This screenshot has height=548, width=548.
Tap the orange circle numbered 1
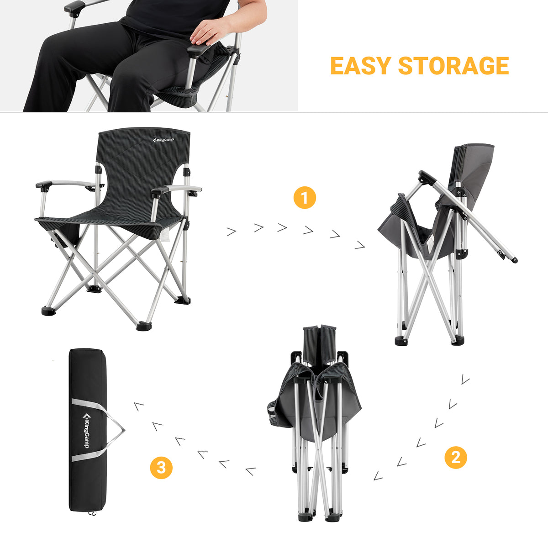[305, 198]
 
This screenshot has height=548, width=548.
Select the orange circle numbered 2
[456, 457]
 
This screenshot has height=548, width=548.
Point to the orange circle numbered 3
[161, 467]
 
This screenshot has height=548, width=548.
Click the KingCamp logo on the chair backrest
[163, 140]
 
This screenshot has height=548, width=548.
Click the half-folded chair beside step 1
[438, 247]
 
